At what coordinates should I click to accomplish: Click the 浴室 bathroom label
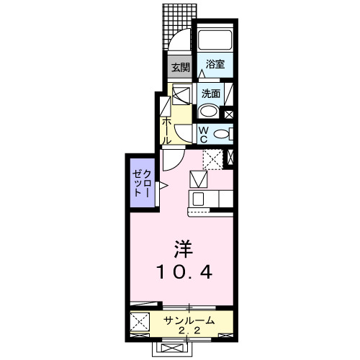(x=215, y=64)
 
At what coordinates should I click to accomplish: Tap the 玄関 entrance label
(x=179, y=67)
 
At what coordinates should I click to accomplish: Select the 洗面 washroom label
(x=211, y=93)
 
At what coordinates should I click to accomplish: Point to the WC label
(x=204, y=132)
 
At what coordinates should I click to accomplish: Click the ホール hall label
(x=167, y=131)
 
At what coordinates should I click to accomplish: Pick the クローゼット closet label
(x=141, y=184)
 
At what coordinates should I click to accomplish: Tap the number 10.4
(x=184, y=273)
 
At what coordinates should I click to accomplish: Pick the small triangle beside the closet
(x=163, y=186)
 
